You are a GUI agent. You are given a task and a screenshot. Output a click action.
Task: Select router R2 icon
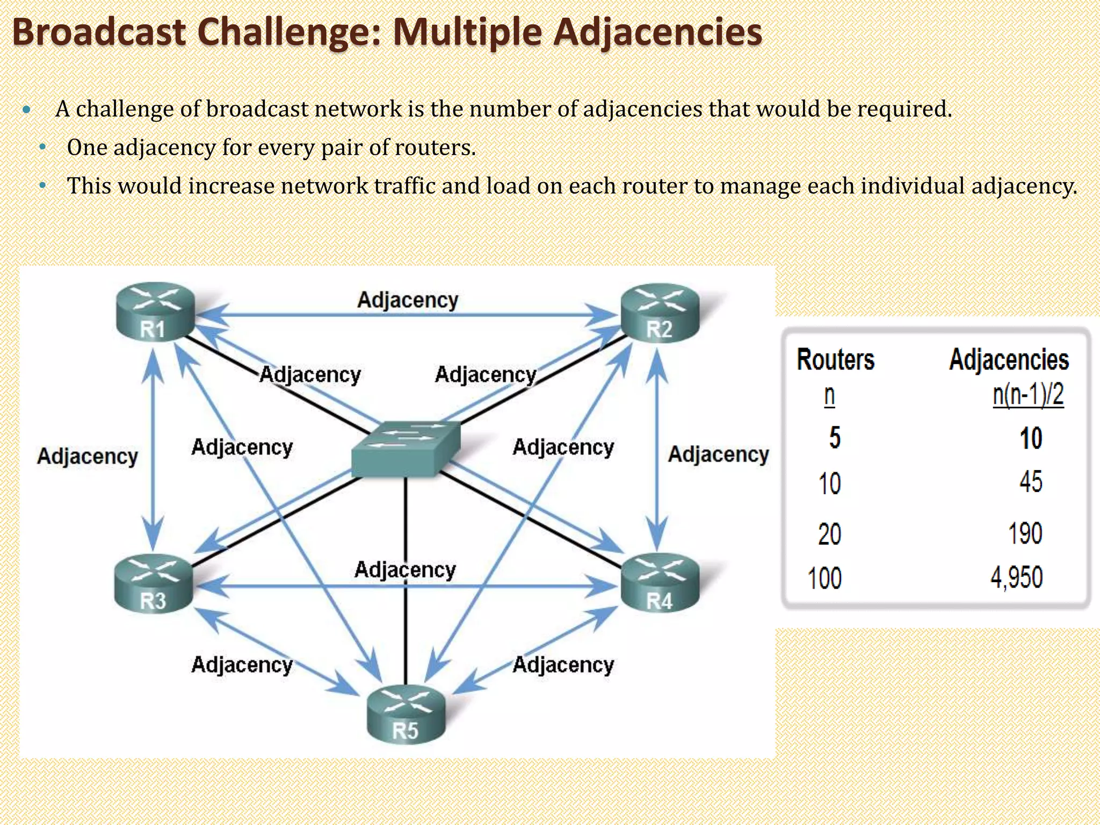coord(660,313)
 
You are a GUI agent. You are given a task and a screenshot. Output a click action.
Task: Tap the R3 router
coord(154,584)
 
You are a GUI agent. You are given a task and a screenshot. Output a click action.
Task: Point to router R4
coord(660,584)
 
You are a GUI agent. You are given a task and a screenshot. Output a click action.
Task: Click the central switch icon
coord(406,449)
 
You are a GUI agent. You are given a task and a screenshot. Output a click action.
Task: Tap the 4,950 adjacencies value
coord(1016,578)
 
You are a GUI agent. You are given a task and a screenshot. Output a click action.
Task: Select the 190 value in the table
coord(1025,533)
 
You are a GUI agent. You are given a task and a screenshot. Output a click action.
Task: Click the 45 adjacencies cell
coord(1031,482)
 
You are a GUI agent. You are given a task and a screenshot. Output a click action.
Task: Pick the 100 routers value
coord(824,579)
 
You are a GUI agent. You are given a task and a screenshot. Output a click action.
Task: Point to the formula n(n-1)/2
coord(1027,395)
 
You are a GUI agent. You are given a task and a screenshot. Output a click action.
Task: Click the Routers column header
coord(835,359)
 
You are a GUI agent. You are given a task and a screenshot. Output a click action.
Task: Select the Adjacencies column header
coord(1009,359)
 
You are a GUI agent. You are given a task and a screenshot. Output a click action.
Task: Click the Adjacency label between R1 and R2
coord(408,300)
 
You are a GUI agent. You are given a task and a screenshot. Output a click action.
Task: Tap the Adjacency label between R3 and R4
coord(405,570)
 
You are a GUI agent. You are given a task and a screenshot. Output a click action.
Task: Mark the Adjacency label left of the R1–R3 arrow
coord(88,457)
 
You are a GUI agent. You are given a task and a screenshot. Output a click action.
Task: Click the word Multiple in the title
coord(467,32)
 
